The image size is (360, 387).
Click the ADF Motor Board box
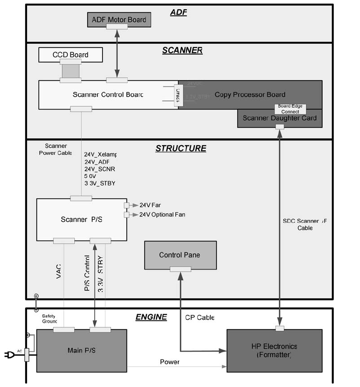pos(119,19)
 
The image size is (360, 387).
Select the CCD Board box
pos(70,55)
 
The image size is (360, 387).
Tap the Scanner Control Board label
pos(108,95)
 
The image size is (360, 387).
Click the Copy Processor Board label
pos(250,95)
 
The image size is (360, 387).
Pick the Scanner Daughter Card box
pos(279,118)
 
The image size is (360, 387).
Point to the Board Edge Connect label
pos(290,109)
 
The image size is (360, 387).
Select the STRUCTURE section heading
pos(180,149)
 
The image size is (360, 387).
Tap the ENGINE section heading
pos(151,317)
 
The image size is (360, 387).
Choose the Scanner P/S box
pos(81,219)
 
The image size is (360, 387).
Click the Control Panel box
pos(180,255)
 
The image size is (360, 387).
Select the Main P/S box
pos(81,350)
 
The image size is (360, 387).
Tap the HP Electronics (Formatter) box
pos(274,351)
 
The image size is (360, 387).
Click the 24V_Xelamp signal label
pos(100,154)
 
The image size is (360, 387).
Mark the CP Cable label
pos(200,318)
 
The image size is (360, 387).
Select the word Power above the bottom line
pos(169,362)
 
